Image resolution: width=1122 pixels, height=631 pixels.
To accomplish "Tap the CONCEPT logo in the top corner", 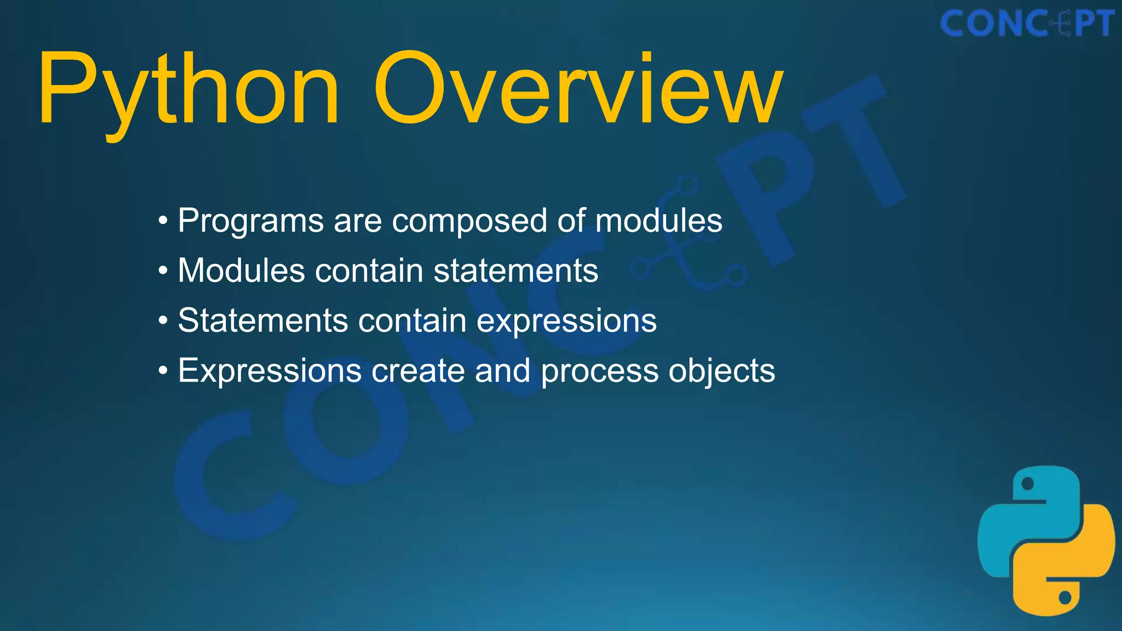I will (x=1027, y=24).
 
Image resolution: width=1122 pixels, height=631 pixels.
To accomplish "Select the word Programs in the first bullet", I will (x=251, y=221).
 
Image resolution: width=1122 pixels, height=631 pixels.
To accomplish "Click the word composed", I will (x=470, y=221).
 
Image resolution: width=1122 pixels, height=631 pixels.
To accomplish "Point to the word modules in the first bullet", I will (x=659, y=221).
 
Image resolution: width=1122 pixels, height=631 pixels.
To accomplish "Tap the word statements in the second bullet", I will (x=516, y=271).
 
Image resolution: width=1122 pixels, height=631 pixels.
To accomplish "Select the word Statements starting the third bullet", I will (x=263, y=320).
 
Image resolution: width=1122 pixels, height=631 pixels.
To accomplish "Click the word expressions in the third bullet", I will (x=566, y=320).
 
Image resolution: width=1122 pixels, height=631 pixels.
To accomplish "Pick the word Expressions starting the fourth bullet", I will (x=270, y=371).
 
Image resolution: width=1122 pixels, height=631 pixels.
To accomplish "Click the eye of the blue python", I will (x=1028, y=484).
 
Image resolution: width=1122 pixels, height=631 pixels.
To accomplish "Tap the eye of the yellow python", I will (x=1065, y=597).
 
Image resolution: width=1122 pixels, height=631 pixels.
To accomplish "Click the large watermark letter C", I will (x=230, y=477).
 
